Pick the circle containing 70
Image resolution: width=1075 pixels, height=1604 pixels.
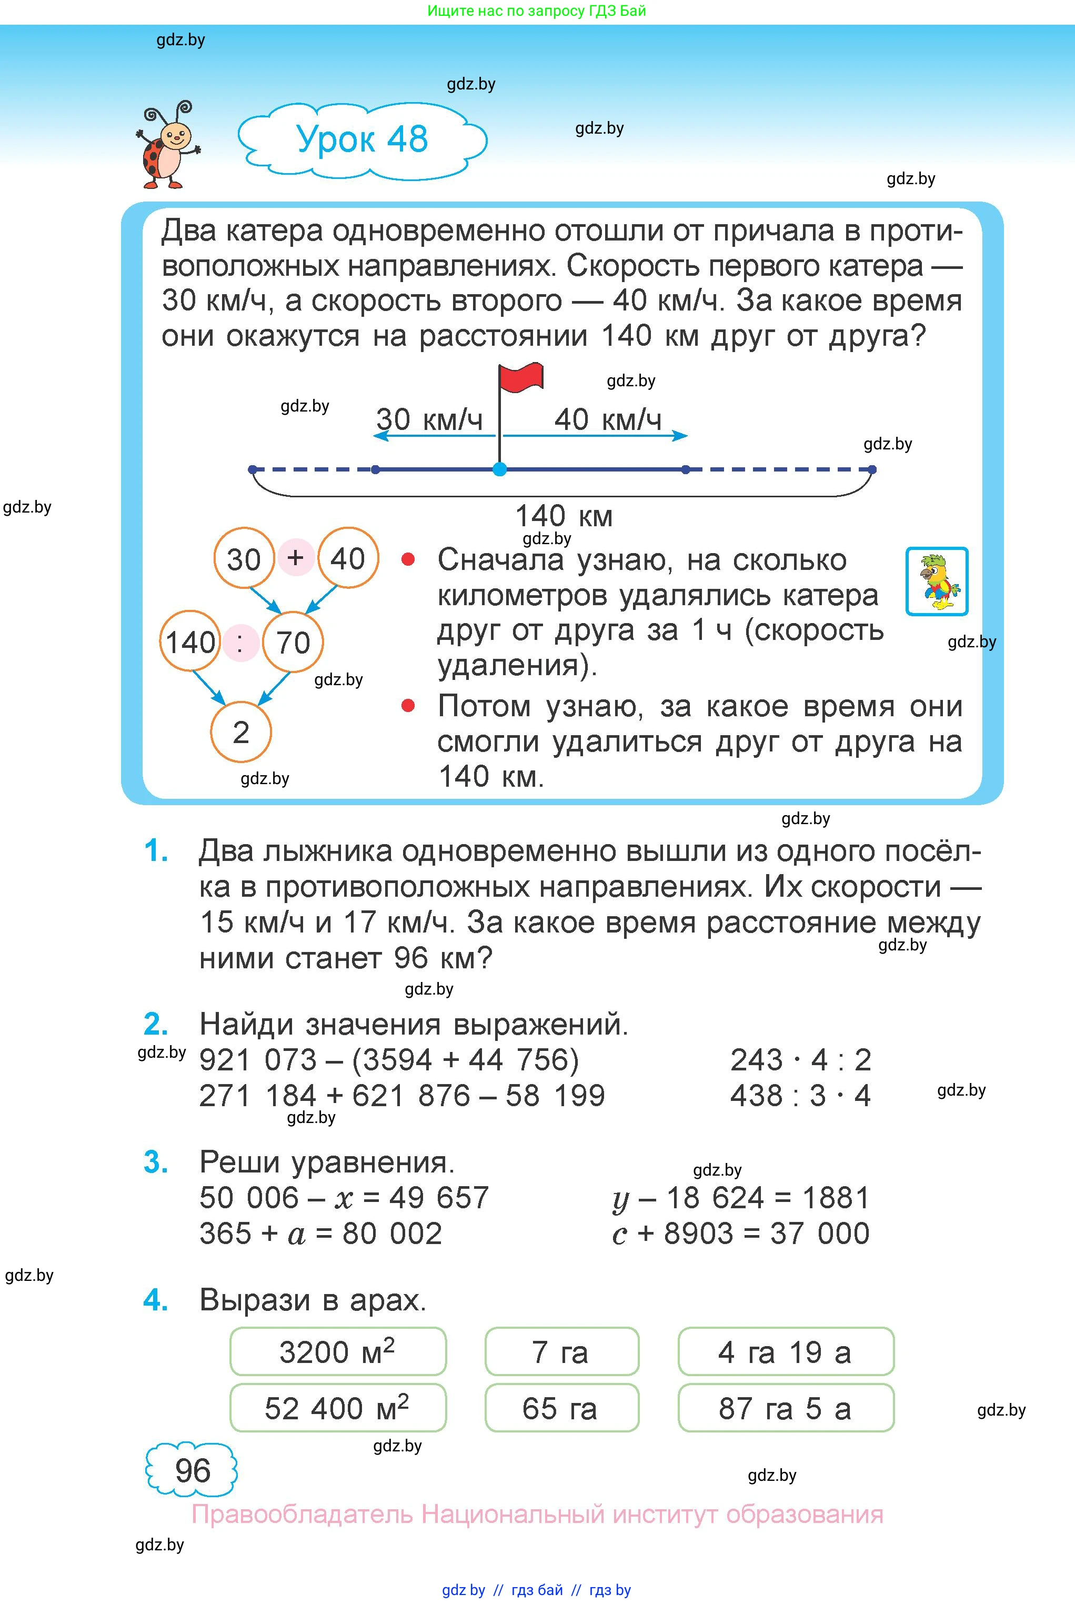point(293,643)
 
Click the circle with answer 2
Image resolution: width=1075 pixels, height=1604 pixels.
point(240,732)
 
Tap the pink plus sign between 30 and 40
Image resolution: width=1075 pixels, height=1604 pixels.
point(296,557)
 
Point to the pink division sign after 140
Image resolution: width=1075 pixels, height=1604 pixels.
point(240,643)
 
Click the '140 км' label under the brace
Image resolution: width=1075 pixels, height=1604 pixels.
point(564,516)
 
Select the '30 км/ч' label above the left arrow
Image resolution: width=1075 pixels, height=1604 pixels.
point(429,419)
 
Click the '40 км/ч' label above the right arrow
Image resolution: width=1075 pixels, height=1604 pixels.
point(607,419)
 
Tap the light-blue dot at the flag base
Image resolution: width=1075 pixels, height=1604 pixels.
point(500,469)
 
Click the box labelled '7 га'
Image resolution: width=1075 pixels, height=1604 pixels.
point(561,1352)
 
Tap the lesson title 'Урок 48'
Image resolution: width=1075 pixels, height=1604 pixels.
point(362,139)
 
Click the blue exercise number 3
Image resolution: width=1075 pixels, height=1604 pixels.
point(156,1162)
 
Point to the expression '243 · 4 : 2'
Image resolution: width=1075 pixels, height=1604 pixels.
point(800,1060)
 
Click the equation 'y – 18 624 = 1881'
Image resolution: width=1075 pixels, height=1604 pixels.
point(740,1198)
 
